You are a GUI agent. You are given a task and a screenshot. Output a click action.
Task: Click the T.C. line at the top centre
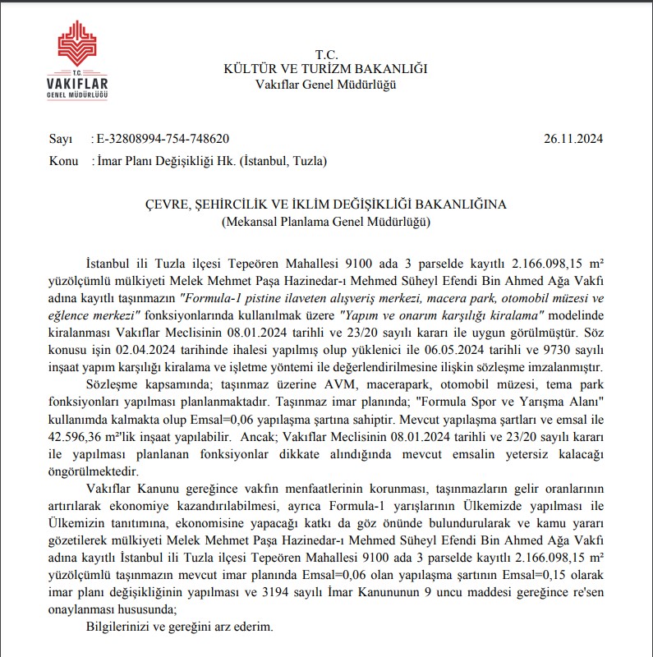(x=325, y=54)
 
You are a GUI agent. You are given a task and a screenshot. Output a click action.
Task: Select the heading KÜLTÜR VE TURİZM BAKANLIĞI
(x=325, y=69)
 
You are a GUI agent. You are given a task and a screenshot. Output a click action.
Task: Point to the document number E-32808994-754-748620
(x=163, y=139)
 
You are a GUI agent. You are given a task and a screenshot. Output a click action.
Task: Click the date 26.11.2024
(x=573, y=139)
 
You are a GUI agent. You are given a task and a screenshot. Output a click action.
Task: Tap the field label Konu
(x=63, y=161)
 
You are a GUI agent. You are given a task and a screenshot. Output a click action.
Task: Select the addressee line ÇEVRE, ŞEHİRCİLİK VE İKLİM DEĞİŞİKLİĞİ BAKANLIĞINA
(x=325, y=204)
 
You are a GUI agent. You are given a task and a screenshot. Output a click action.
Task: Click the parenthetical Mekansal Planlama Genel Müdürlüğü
(x=325, y=221)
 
